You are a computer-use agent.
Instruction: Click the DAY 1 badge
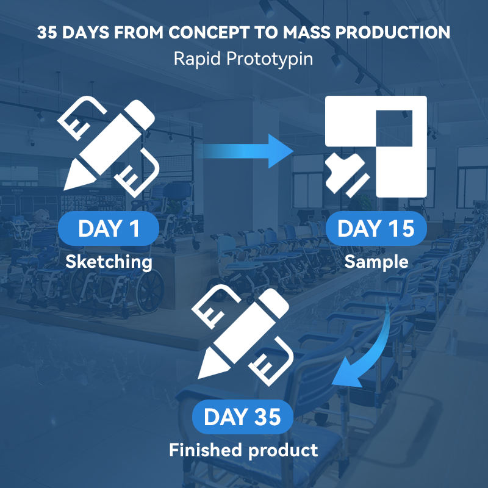pos(109,228)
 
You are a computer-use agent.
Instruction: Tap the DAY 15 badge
pos(376,228)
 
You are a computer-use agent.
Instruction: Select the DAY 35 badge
pos(242,417)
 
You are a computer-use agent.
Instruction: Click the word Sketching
pos(109,262)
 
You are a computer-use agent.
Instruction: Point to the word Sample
pos(376,262)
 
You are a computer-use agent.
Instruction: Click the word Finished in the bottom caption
pos(206,450)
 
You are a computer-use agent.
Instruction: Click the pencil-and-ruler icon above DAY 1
pos(109,146)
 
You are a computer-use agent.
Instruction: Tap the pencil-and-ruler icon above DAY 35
pos(242,335)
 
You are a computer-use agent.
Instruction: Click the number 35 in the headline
pos(47,32)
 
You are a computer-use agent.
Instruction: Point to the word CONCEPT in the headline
pos(209,32)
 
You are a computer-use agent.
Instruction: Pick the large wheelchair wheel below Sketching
pos(150,291)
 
